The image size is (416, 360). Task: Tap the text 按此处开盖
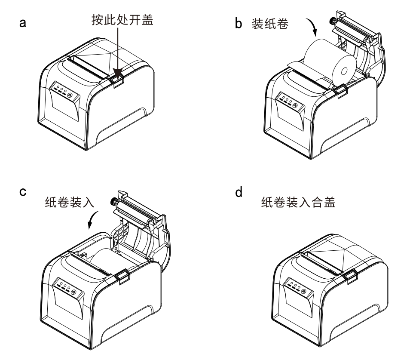pyautogui.click(x=122, y=20)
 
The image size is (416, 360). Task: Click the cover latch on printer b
pyautogui.click(x=342, y=91)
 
